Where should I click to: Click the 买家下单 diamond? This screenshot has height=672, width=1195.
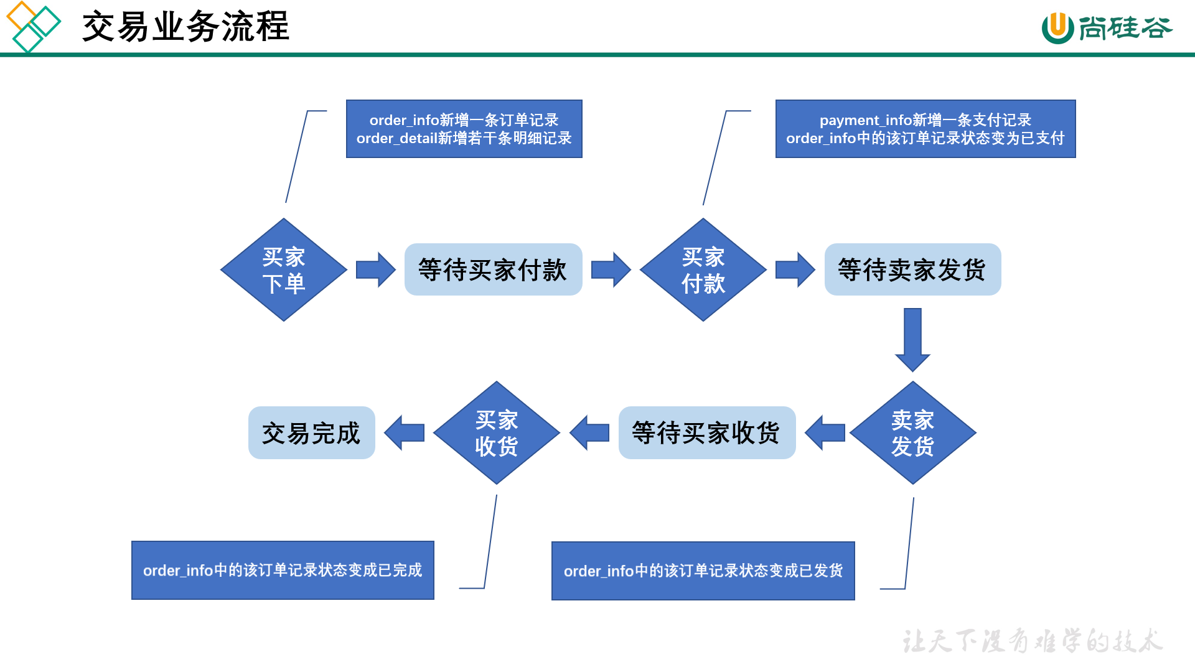284,269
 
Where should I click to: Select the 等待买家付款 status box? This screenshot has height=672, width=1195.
493,269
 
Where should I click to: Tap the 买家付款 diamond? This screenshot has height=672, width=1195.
703,269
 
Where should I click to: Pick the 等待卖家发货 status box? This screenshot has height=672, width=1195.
912,269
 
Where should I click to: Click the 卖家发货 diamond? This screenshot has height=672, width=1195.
912,432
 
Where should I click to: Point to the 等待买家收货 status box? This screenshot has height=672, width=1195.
707,432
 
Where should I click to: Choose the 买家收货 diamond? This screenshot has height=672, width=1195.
497,432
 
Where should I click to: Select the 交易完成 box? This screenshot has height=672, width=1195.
311,432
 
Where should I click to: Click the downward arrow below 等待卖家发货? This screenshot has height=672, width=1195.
912,340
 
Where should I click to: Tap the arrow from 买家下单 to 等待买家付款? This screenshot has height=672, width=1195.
375,269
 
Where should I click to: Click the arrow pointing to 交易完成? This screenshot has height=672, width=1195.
404,432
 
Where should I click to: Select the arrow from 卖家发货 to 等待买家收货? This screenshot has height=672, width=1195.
825,432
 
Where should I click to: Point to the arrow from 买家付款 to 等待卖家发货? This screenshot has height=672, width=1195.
795,269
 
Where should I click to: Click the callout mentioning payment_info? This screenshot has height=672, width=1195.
926,129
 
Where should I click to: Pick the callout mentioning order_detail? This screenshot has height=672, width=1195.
464,129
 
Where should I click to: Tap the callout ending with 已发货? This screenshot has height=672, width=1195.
703,571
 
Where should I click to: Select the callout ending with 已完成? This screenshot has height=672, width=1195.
283,570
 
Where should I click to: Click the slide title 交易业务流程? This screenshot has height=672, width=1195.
185,26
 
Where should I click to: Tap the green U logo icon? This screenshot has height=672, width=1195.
1057,28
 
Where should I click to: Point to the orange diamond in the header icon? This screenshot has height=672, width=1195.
21,16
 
